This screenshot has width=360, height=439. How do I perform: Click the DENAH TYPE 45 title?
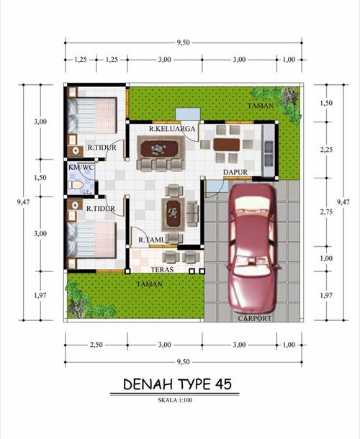point(177,384)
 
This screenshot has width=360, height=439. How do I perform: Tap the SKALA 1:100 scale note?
point(175,400)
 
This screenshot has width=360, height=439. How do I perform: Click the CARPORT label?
point(255,318)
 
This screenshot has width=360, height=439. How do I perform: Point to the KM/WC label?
point(81,167)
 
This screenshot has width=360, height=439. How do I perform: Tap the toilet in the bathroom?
point(76,185)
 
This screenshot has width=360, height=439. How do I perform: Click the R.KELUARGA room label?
point(172,129)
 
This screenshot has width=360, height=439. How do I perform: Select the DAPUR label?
point(235,172)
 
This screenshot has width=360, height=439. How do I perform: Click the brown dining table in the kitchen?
point(226,145)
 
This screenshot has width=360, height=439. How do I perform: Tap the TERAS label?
point(162,269)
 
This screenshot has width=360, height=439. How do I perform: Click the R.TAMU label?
point(152,240)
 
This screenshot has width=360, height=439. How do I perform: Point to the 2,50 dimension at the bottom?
point(96,345)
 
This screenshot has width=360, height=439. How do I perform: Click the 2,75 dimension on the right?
point(326,212)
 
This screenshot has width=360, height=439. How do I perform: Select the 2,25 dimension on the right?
point(326,150)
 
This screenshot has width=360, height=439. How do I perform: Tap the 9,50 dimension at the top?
point(183,42)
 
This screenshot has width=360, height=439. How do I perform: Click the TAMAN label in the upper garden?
point(260,106)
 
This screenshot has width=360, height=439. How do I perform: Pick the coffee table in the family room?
point(159,148)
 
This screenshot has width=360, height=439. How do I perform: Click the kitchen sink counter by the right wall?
point(268,150)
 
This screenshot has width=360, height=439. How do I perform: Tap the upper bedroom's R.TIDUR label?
point(102,148)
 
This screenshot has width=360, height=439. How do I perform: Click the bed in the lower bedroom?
point(91,240)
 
